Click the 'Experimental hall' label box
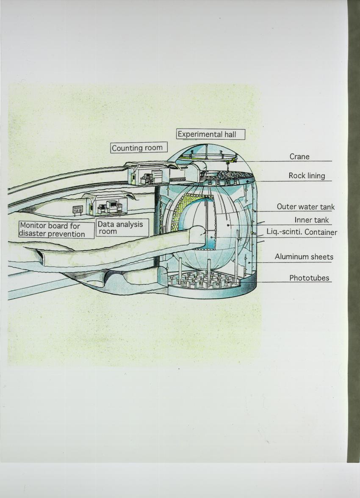[x=210, y=135]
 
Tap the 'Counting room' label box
[x=139, y=148]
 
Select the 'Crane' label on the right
[x=299, y=157]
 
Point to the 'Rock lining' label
[x=307, y=175]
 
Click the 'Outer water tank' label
[x=305, y=207]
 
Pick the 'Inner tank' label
[x=312, y=220]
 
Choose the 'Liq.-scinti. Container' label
[x=302, y=232]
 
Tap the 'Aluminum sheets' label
[x=304, y=257]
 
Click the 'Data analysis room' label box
[x=122, y=228]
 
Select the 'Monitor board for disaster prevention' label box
[x=56, y=230]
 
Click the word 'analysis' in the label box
[x=129, y=224]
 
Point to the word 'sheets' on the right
[x=321, y=257]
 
